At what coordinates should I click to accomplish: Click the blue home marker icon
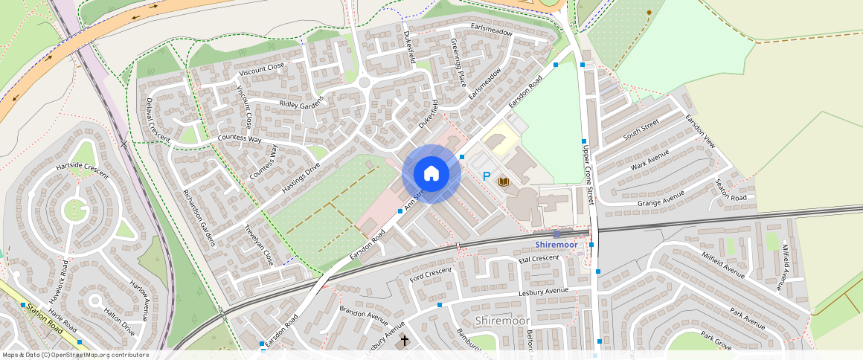(x=431, y=174)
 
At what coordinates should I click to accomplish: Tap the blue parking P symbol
(x=487, y=177)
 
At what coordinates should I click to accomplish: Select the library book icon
(x=504, y=181)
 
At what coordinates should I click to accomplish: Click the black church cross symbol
(x=405, y=340)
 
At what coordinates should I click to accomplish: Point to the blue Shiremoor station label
(x=556, y=245)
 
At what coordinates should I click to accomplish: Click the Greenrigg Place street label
(x=458, y=65)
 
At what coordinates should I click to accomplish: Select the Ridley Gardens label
(x=302, y=103)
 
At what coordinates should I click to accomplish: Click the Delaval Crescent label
(x=158, y=119)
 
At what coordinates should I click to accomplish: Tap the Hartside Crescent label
(x=82, y=170)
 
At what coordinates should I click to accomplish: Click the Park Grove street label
(x=716, y=341)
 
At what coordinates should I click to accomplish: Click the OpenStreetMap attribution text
(x=75, y=355)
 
